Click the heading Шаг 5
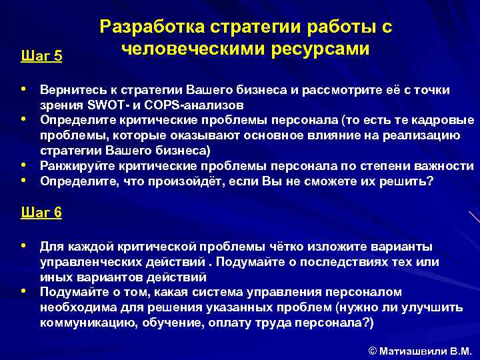click(x=42, y=56)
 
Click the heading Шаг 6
click(x=42, y=213)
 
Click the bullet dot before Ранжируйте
click(x=25, y=164)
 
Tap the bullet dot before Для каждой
click(x=25, y=245)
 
